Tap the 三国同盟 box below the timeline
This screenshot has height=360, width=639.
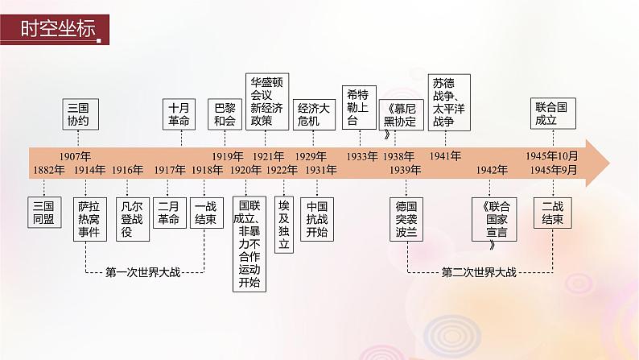(44, 212)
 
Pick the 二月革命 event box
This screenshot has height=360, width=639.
(169, 212)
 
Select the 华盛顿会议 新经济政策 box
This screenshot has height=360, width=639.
(266, 101)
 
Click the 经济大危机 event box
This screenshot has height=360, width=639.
(314, 114)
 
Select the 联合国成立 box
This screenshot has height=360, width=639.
(554, 114)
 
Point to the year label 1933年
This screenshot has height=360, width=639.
(362, 155)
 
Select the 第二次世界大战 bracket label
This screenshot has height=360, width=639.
(480, 271)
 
